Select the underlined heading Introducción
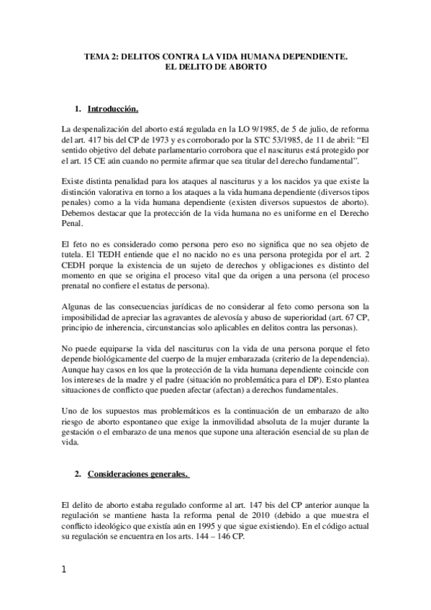tap(112, 109)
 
